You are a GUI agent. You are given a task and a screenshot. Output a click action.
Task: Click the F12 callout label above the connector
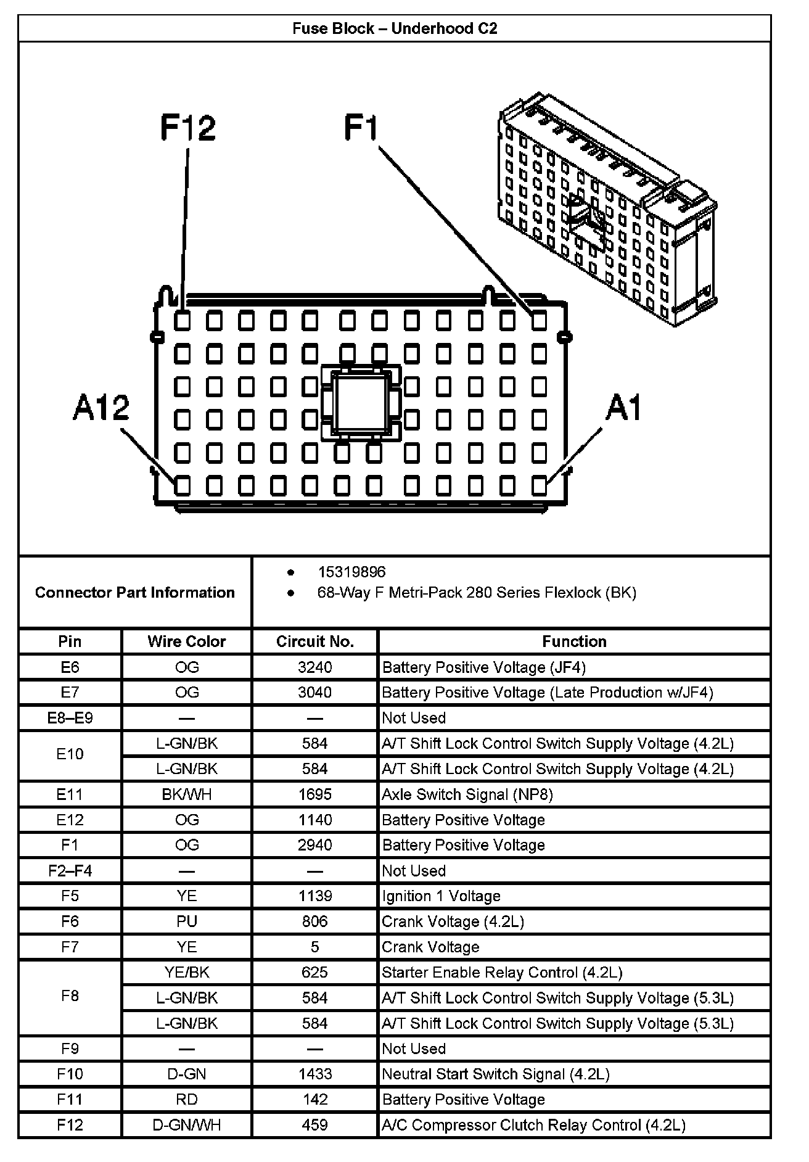[188, 128]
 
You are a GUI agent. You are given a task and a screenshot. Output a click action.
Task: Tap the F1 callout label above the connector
[361, 128]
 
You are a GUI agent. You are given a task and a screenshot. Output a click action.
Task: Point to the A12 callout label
[101, 408]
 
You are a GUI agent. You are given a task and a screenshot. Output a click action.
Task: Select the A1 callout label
[623, 408]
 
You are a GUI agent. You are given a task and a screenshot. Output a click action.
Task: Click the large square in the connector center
[361, 403]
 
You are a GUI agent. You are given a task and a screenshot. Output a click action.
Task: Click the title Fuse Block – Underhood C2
[395, 28]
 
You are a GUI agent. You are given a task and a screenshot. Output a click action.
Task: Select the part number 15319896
[351, 572]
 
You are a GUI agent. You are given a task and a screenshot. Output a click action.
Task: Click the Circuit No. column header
[314, 641]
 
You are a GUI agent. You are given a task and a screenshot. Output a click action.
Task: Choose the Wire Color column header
[187, 641]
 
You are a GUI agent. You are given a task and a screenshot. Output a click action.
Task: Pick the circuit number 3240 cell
[314, 667]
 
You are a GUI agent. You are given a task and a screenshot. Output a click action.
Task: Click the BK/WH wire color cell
[187, 794]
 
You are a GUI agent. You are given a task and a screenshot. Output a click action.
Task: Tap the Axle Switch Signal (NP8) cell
[467, 794]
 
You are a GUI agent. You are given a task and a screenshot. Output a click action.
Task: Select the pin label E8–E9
[70, 718]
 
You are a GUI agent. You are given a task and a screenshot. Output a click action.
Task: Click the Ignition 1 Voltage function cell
[441, 896]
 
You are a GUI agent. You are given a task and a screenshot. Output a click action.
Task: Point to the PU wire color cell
[187, 921]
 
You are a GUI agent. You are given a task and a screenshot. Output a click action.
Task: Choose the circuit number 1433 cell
[314, 1074]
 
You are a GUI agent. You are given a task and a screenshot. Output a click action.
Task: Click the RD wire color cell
[187, 1099]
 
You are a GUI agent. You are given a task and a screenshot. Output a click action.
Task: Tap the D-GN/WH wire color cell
[187, 1125]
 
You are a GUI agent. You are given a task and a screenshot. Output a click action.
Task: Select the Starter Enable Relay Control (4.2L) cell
[502, 973]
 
